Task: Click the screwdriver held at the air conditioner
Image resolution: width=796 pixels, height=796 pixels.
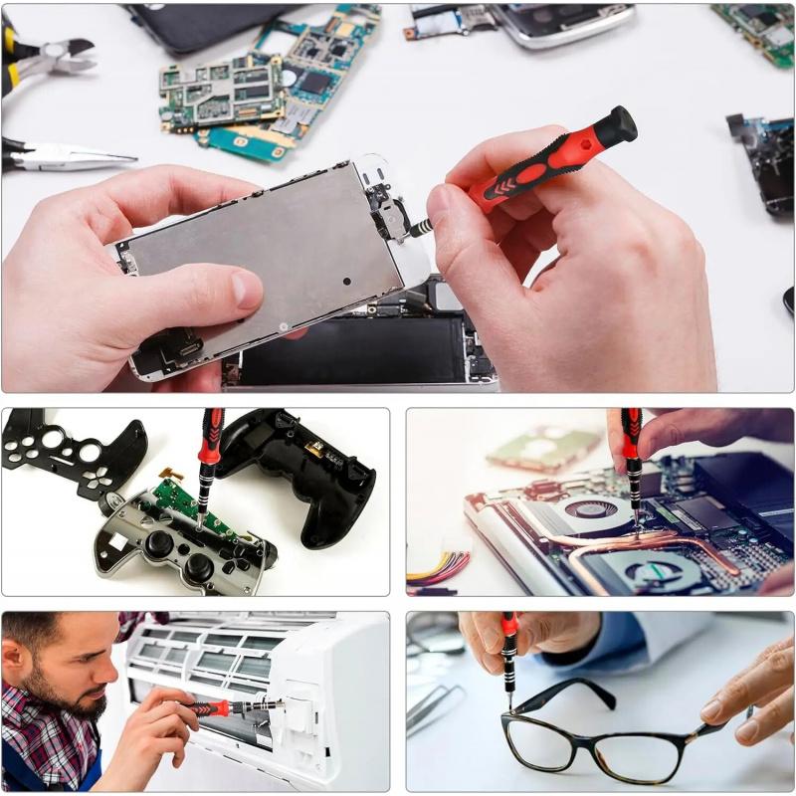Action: click(224, 707)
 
